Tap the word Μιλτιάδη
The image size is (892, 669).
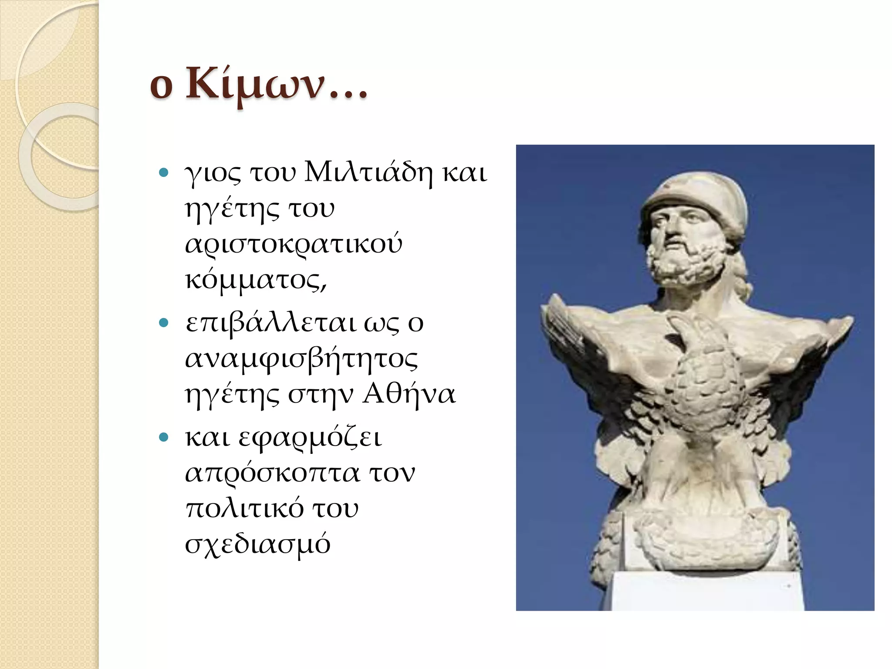pyautogui.click(x=368, y=173)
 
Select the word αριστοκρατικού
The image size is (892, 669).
pyautogui.click(x=294, y=244)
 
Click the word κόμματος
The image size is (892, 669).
pyautogui.click(x=255, y=280)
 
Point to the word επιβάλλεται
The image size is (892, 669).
pyautogui.click(x=271, y=324)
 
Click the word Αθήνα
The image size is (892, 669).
pyautogui.click(x=409, y=395)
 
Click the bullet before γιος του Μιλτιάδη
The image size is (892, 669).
pyautogui.click(x=164, y=173)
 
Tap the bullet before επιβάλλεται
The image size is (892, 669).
pyautogui.click(x=164, y=323)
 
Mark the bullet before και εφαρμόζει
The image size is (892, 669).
pyautogui.click(x=164, y=437)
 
